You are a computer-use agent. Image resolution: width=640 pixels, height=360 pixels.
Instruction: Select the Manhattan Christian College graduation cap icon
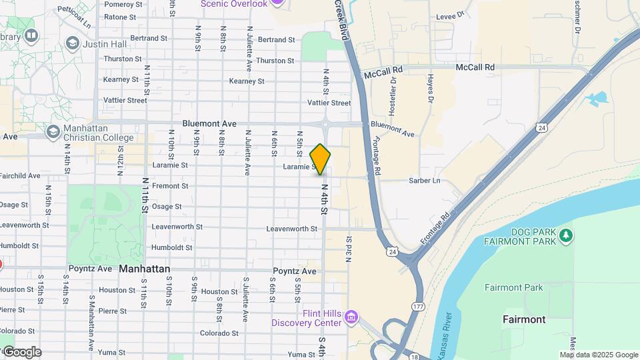tap(53, 131)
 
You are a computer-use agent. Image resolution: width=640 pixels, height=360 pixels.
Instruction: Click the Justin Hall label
tap(99, 44)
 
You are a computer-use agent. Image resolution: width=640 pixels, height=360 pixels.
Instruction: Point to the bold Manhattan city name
tap(145, 269)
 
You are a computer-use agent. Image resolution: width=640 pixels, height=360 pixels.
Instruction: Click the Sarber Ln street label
tap(423, 181)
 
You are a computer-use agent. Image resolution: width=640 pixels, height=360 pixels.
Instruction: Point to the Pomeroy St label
tap(120, 4)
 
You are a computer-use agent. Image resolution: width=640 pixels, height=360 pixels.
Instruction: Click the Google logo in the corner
tap(21, 352)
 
